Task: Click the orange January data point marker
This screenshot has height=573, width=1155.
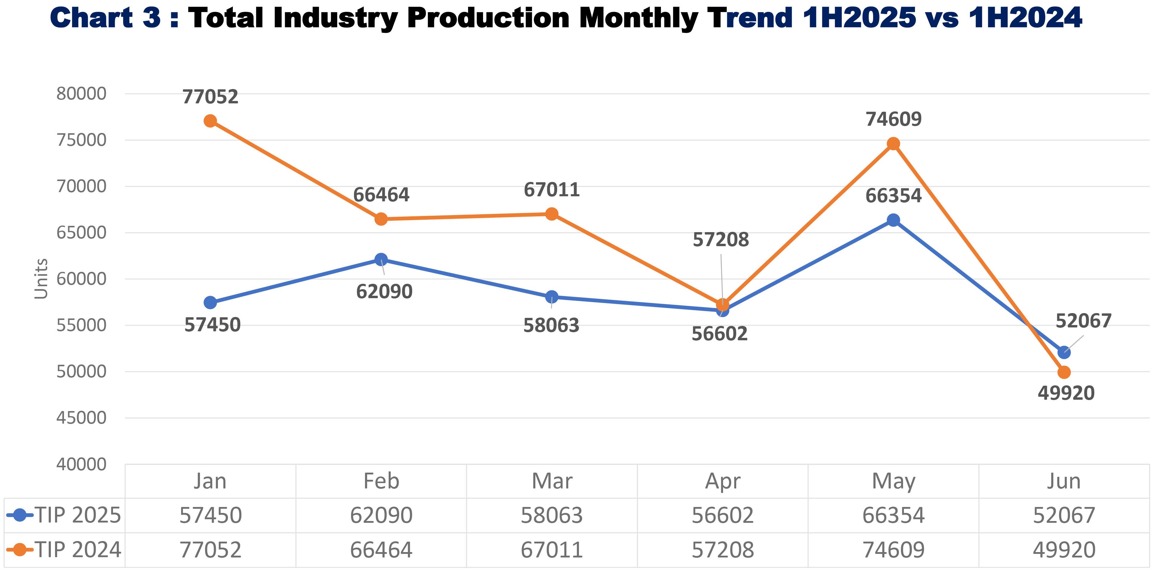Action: pyautogui.click(x=210, y=121)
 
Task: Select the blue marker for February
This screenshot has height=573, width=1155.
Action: pyautogui.click(x=381, y=259)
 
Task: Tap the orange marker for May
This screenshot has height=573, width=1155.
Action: pyautogui.click(x=893, y=144)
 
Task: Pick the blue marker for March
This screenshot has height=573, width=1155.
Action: pyautogui.click(x=552, y=297)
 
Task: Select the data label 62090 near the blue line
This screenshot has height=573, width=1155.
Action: pyautogui.click(x=384, y=292)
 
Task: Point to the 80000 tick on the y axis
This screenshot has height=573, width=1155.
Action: pyautogui.click(x=81, y=94)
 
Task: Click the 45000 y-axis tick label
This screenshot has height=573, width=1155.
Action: pyautogui.click(x=81, y=418)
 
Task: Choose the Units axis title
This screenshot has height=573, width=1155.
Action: pyautogui.click(x=41, y=279)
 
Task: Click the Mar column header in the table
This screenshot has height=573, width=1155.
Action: pyautogui.click(x=552, y=481)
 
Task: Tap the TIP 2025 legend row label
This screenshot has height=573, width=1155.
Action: pyautogui.click(x=78, y=515)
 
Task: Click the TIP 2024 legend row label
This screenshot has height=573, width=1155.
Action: pyautogui.click(x=78, y=550)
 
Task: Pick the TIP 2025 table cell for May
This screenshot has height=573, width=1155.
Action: pyautogui.click(x=893, y=515)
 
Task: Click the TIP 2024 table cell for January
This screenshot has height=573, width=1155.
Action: pyautogui.click(x=210, y=550)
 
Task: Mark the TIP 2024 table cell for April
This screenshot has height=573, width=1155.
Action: pyautogui.click(x=722, y=550)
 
